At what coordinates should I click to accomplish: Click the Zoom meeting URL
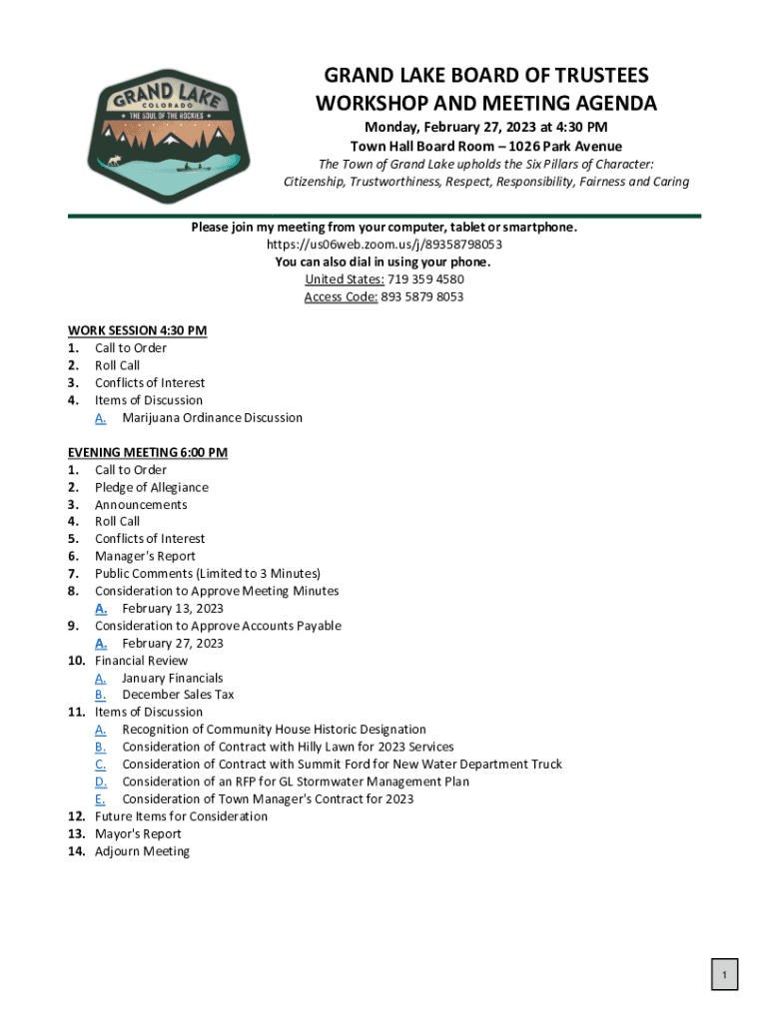(x=384, y=245)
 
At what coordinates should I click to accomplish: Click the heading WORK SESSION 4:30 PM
(x=137, y=330)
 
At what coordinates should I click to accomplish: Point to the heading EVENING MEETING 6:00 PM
(x=147, y=452)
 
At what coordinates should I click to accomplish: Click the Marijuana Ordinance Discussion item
(x=212, y=418)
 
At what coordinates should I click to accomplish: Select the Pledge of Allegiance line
(x=152, y=487)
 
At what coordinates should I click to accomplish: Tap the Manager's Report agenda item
(x=145, y=557)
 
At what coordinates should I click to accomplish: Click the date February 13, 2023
(x=173, y=609)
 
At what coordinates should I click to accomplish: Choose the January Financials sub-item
(x=173, y=679)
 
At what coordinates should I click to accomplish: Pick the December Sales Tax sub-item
(x=178, y=695)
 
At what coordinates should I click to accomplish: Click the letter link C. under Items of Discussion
(x=101, y=765)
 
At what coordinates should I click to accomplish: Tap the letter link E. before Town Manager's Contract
(x=101, y=799)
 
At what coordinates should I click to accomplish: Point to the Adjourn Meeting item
(x=142, y=851)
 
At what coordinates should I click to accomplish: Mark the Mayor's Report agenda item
(x=138, y=834)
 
